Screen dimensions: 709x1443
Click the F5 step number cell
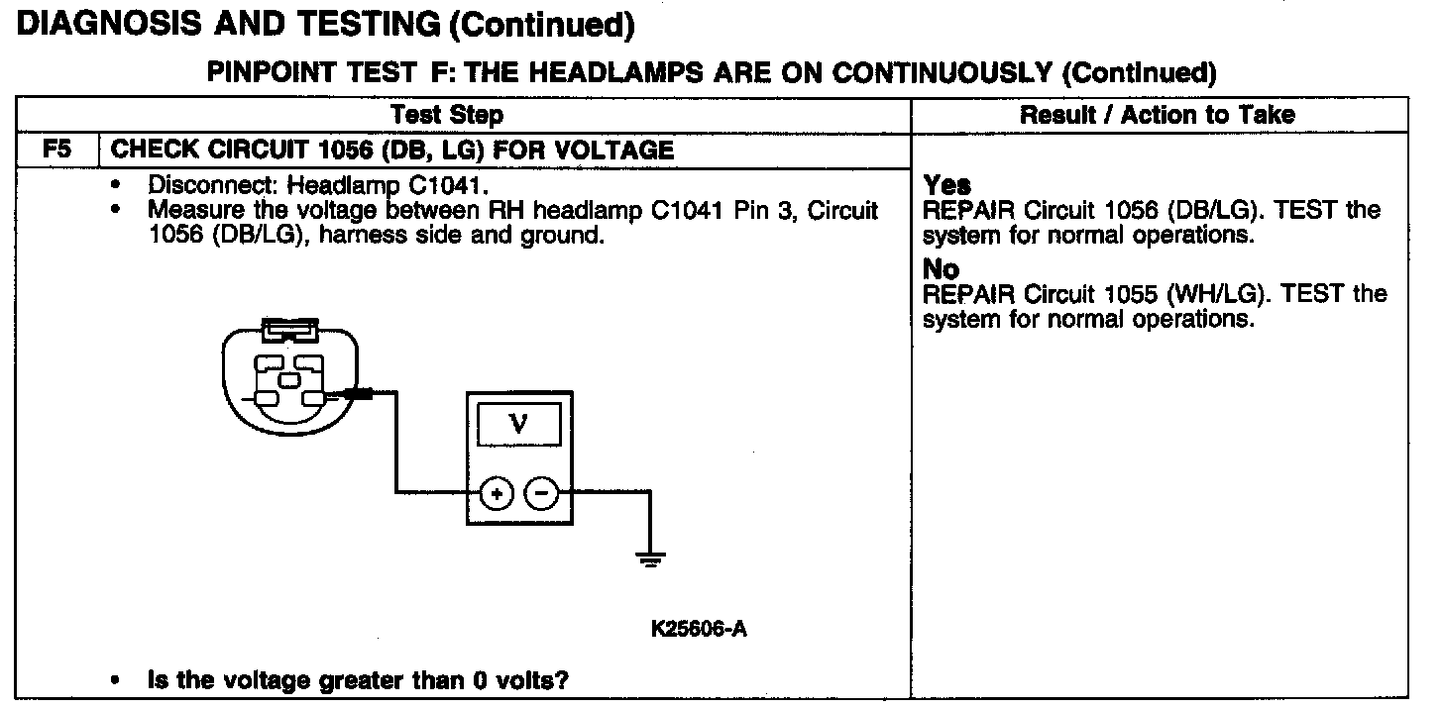pos(55,151)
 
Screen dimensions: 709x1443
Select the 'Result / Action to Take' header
pos(1157,115)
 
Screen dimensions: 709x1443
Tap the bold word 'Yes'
pos(947,185)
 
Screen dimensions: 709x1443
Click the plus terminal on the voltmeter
pos(498,492)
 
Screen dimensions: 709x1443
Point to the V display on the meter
pos(518,425)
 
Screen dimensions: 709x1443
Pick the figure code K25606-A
pos(699,630)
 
